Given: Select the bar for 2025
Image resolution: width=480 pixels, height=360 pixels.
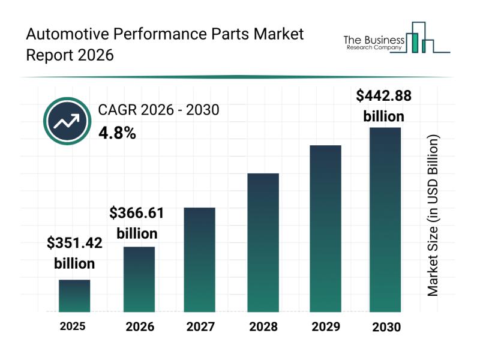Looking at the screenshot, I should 74,296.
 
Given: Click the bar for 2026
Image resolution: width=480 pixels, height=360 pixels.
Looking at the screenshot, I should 139,279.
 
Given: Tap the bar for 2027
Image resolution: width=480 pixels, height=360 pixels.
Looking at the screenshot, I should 199,259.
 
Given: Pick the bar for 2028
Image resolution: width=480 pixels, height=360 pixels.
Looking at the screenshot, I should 263,242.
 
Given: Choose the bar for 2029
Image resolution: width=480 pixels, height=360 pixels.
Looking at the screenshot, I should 325,229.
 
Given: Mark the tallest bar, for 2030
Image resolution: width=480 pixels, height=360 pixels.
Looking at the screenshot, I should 385,220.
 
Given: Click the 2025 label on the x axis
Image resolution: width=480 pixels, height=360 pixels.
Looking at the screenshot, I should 73,326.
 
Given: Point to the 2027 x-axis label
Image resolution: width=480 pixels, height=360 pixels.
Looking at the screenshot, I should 200,327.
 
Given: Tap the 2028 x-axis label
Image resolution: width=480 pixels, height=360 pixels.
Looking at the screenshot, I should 263,327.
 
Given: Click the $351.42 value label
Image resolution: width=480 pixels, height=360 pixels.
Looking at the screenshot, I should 74,243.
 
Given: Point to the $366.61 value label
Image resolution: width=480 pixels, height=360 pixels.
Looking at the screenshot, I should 137,213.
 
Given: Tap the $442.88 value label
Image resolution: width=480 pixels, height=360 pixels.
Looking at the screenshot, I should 384,95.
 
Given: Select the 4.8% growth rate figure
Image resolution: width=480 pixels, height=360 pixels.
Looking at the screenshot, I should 117,133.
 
